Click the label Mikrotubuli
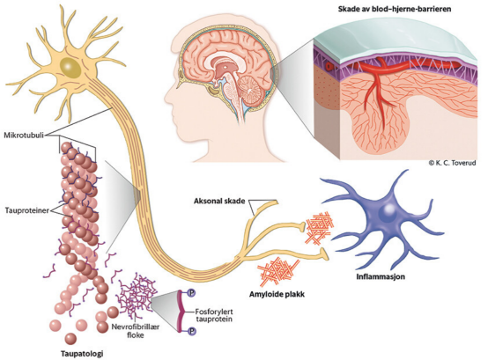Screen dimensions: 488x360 click(x=24, y=136)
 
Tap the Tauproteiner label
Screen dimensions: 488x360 click(x=27, y=210)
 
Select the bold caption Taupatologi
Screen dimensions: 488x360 click(x=82, y=354)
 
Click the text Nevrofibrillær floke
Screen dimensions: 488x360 click(x=136, y=331)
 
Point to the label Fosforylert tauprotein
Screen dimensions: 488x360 click(x=214, y=315)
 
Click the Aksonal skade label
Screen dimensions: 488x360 click(x=219, y=201)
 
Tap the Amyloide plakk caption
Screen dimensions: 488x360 click(x=277, y=294)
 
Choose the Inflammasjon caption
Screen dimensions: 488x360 click(x=381, y=276)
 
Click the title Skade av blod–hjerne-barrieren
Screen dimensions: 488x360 click(x=395, y=9)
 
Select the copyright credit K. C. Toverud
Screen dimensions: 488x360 click(x=452, y=163)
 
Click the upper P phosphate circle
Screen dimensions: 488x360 click(x=192, y=292)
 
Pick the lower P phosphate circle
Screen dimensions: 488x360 click(x=192, y=331)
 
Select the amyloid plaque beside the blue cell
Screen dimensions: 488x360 click(x=319, y=228)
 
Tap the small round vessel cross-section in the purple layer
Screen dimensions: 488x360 click(x=329, y=66)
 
